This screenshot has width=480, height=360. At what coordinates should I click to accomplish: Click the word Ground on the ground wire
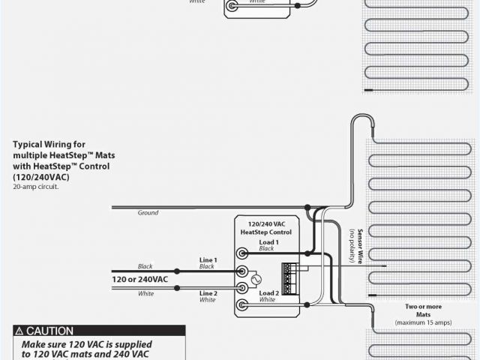tap(148, 213)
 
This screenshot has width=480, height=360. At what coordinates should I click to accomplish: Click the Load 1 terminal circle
tap(243, 253)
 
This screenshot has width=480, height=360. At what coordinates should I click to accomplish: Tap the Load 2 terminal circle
tap(243, 304)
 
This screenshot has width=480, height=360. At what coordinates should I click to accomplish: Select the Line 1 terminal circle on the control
tap(243, 271)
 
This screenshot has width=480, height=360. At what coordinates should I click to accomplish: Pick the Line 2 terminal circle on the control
tap(243, 287)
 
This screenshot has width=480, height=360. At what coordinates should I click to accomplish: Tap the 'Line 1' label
tap(208, 259)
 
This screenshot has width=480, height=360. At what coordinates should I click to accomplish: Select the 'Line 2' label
tap(208, 293)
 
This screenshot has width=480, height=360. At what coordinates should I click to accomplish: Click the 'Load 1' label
tap(268, 242)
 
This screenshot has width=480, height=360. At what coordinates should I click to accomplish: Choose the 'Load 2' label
tap(268, 292)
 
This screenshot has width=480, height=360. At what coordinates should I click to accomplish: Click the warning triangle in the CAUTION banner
tap(19, 331)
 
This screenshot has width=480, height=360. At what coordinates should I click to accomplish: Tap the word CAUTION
tap(50, 331)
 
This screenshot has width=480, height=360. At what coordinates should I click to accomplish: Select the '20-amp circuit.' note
tap(35, 187)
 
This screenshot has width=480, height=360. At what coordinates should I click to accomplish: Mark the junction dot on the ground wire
tap(307, 207)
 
